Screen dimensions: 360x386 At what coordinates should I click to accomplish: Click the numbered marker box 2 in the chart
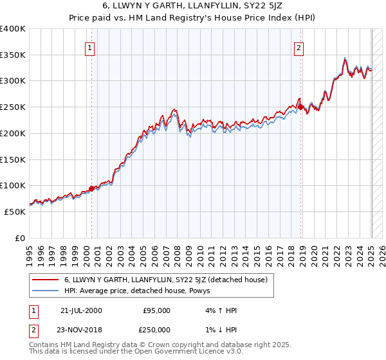coord(299,46)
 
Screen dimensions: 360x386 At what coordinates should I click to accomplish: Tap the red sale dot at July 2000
coord(91,188)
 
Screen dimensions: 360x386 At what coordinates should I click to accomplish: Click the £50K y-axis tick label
coord(14,212)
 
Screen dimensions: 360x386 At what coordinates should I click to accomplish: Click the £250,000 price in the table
coord(156,328)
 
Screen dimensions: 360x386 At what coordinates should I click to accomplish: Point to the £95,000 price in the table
coord(156,310)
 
